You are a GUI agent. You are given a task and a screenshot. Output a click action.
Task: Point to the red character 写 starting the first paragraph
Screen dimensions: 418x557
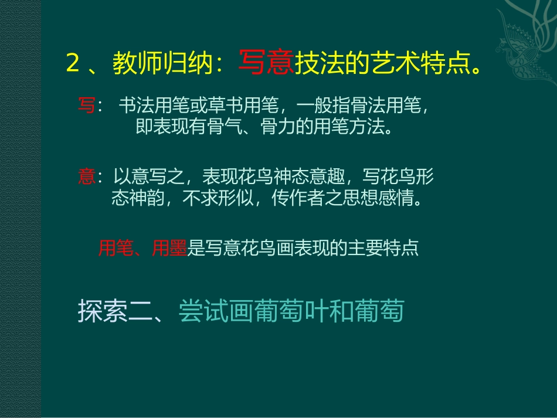(x=86, y=107)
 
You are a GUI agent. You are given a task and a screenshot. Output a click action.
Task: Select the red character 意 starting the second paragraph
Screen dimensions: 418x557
(x=86, y=177)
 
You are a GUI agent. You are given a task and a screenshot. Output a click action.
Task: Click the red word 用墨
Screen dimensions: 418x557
(x=169, y=249)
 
